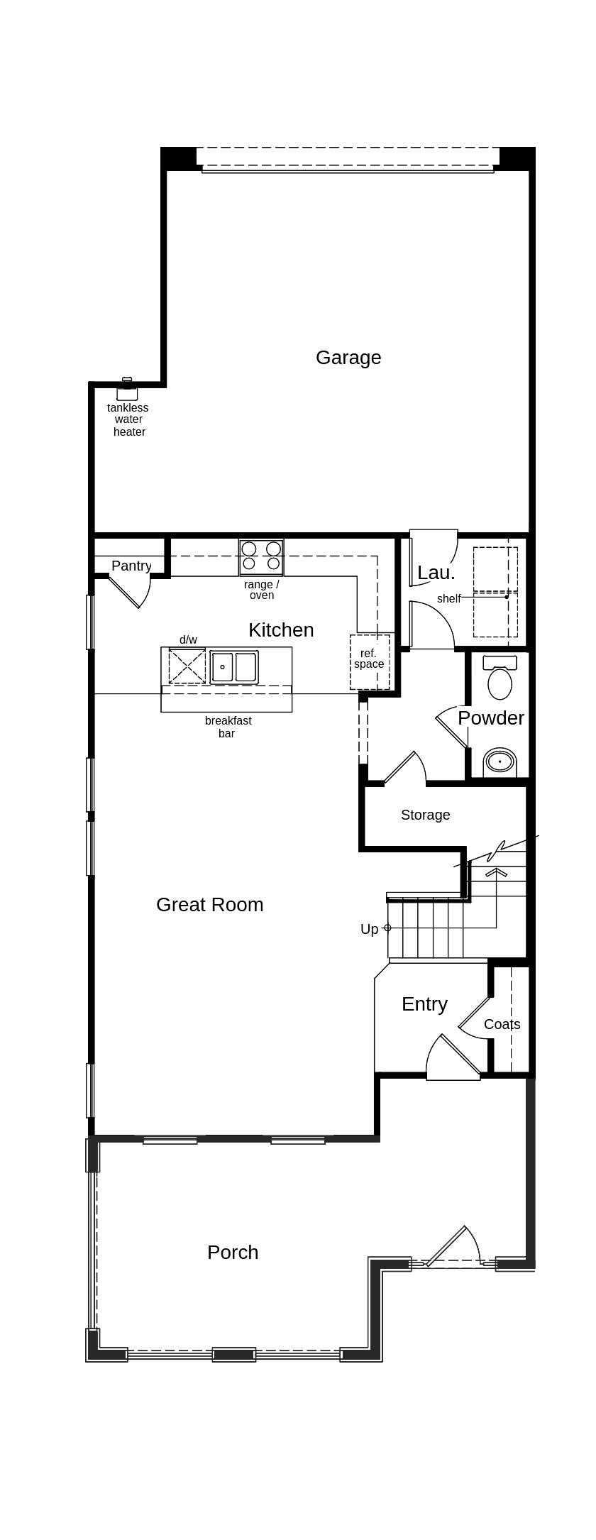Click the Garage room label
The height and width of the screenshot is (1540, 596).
pos(348,358)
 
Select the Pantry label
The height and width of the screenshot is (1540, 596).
pos(131,566)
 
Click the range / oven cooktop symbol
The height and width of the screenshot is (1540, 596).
pos(261,557)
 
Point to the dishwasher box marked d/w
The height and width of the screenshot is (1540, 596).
pos(187,666)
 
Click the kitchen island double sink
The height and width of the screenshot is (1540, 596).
pos(234,667)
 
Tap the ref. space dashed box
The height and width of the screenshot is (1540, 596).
pos(369,661)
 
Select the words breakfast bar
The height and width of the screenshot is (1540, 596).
pos(228,727)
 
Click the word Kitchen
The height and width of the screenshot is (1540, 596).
pos(281,630)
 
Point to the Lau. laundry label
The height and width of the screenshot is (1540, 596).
pos(436,573)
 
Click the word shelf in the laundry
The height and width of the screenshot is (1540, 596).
pos(448,599)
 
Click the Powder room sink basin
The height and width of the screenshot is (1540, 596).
pos(500,762)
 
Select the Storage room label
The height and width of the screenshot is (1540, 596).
pos(425,815)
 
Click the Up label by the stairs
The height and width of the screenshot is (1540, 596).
pos(369,930)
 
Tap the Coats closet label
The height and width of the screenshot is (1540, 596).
pos(502,1025)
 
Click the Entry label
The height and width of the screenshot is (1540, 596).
pos(424,1004)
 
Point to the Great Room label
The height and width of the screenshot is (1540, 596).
pos(209,905)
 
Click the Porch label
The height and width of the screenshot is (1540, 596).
pos(233,1253)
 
